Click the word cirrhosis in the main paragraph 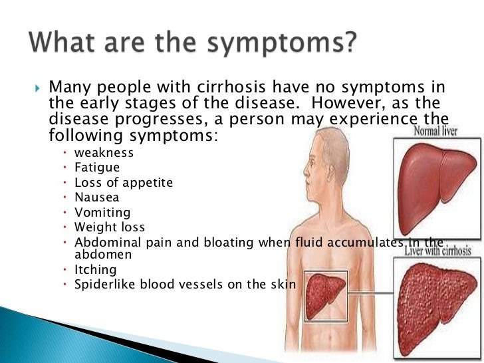coord(231,86)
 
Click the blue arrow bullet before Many coord(37,88)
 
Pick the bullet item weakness coord(104,152)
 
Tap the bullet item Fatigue coord(97,168)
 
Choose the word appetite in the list coord(148,183)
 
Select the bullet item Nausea coord(96,197)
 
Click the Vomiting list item coord(102,213)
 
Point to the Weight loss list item coord(110,227)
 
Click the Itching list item coord(95,270)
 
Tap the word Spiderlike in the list coord(104,285)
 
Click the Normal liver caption coord(435,131)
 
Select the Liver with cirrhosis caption coord(438,251)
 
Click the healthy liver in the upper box coord(436,189)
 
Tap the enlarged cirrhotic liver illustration coord(436,308)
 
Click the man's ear coord(332,172)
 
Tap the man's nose coord(306,170)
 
